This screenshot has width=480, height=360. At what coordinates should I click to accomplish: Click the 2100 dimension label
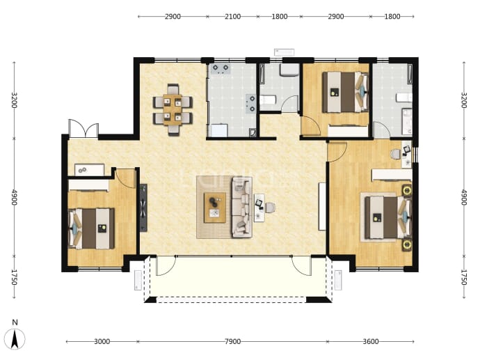[x=232, y=17]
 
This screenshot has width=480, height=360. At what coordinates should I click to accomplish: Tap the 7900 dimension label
[x=232, y=341]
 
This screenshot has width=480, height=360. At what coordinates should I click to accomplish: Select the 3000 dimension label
[x=102, y=341]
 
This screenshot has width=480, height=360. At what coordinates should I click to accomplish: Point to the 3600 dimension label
[x=371, y=341]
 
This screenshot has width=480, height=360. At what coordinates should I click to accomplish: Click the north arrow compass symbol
[x=15, y=339]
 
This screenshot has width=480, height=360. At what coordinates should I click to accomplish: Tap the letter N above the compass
[x=15, y=322]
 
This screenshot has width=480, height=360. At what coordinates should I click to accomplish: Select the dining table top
[x=173, y=110]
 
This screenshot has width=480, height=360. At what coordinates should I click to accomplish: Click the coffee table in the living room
[x=215, y=208]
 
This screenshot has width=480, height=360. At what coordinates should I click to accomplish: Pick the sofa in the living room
[x=242, y=208]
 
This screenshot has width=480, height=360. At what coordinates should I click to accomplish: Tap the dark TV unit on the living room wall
[x=143, y=208]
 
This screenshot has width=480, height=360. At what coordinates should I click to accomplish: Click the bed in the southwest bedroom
[x=92, y=228]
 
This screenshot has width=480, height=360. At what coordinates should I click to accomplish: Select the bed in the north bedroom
[x=345, y=92]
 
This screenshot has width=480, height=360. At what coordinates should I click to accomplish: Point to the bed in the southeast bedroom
[x=388, y=218]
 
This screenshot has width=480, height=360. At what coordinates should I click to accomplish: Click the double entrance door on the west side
[x=83, y=128]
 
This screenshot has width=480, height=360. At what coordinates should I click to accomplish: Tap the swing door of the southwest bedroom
[x=127, y=178]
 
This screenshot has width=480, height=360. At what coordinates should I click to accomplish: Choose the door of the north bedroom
[x=310, y=125]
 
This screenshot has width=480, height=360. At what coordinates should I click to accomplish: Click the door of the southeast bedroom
[x=337, y=152]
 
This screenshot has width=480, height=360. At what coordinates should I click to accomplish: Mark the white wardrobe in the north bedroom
[x=348, y=131]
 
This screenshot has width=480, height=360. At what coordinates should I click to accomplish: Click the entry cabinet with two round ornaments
[x=89, y=170]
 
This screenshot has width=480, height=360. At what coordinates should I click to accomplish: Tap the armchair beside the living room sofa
[x=270, y=208]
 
